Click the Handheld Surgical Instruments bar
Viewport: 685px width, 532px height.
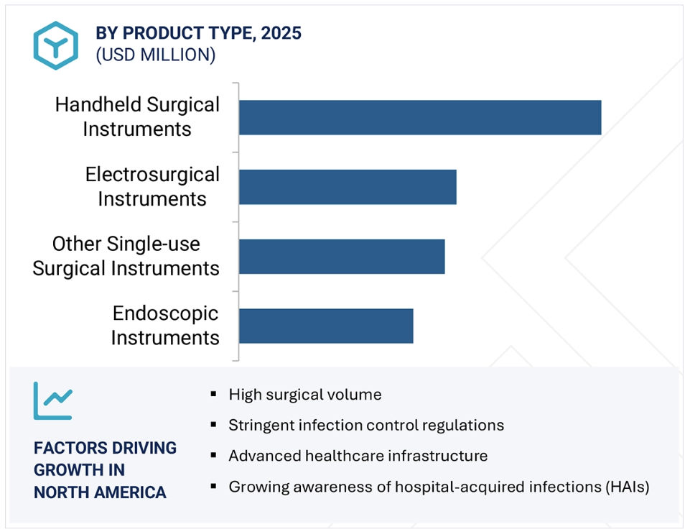[x=420, y=117]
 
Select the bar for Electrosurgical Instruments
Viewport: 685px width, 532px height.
[x=348, y=187]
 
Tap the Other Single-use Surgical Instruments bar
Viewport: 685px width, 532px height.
[x=342, y=257]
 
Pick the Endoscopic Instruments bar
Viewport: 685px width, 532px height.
[x=326, y=326]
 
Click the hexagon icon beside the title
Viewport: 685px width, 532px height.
[x=56, y=45]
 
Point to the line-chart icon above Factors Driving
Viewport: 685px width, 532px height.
[x=53, y=400]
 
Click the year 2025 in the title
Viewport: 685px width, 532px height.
[x=281, y=33]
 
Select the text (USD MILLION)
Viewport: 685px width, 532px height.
[x=156, y=55]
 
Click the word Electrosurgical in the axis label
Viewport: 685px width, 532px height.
[x=152, y=175]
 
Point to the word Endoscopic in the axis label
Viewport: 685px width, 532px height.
[x=165, y=313]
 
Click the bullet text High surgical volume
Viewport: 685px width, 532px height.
[x=305, y=395]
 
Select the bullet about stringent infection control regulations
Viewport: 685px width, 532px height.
[x=366, y=426]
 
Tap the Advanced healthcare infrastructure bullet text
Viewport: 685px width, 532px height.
[x=358, y=456]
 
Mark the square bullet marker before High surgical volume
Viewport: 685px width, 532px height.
[x=213, y=394]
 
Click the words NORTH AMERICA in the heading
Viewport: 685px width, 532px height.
[x=100, y=492]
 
